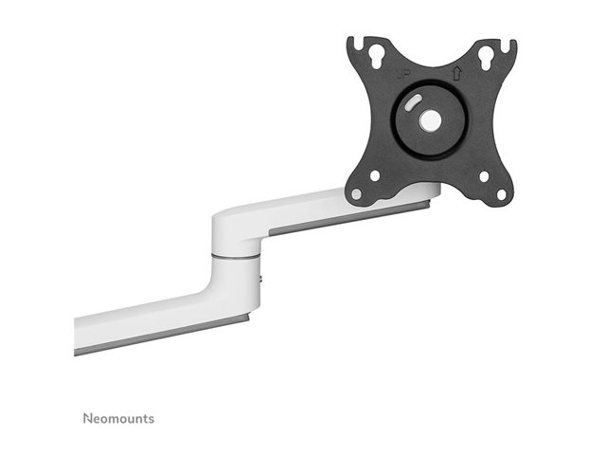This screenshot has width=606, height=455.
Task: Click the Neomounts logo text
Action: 118,418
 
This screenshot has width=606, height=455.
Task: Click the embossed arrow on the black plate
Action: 457,73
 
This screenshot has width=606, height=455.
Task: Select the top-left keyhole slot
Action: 375,56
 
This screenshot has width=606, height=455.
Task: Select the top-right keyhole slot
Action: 486,58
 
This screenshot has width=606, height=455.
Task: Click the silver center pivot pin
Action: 430,121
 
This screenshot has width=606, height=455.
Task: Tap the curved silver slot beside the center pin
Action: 414,102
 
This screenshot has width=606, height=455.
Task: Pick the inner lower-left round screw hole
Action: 375,176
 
